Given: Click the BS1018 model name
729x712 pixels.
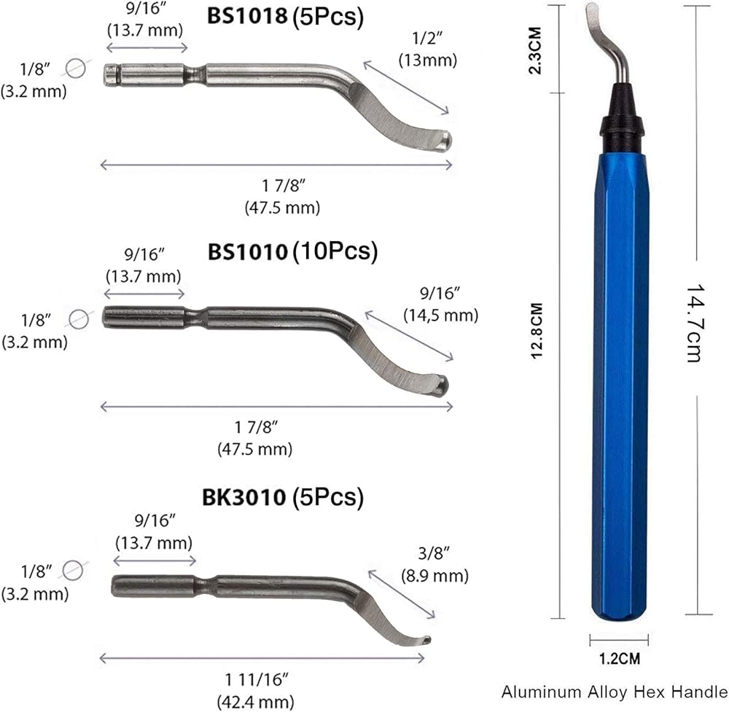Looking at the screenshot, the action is pos(247,15).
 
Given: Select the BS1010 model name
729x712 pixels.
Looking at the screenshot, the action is pos(247,251).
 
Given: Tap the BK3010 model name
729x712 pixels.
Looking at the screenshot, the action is pos(243,497).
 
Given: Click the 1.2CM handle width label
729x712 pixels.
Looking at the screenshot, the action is pos(619,659).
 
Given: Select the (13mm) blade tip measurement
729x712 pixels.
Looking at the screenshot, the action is pos(428,60).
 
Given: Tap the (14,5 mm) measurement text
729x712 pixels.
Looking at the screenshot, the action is pos(441,315).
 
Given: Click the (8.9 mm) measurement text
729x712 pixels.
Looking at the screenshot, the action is pos(434,576).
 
